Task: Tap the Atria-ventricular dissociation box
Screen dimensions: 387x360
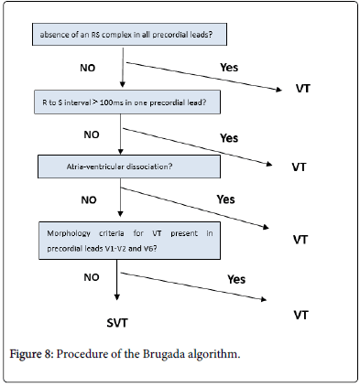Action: coord(129,167)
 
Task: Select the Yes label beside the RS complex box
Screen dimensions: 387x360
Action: coord(230,67)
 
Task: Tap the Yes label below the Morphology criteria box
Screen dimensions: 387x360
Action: coord(236,279)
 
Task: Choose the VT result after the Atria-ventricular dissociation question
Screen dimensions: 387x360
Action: coord(299,239)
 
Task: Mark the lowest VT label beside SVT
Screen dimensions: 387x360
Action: coord(299,314)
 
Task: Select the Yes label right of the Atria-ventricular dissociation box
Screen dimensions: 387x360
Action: coord(225,199)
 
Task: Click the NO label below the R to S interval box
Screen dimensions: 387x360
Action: coord(91,134)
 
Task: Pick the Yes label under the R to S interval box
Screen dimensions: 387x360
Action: coord(229,137)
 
